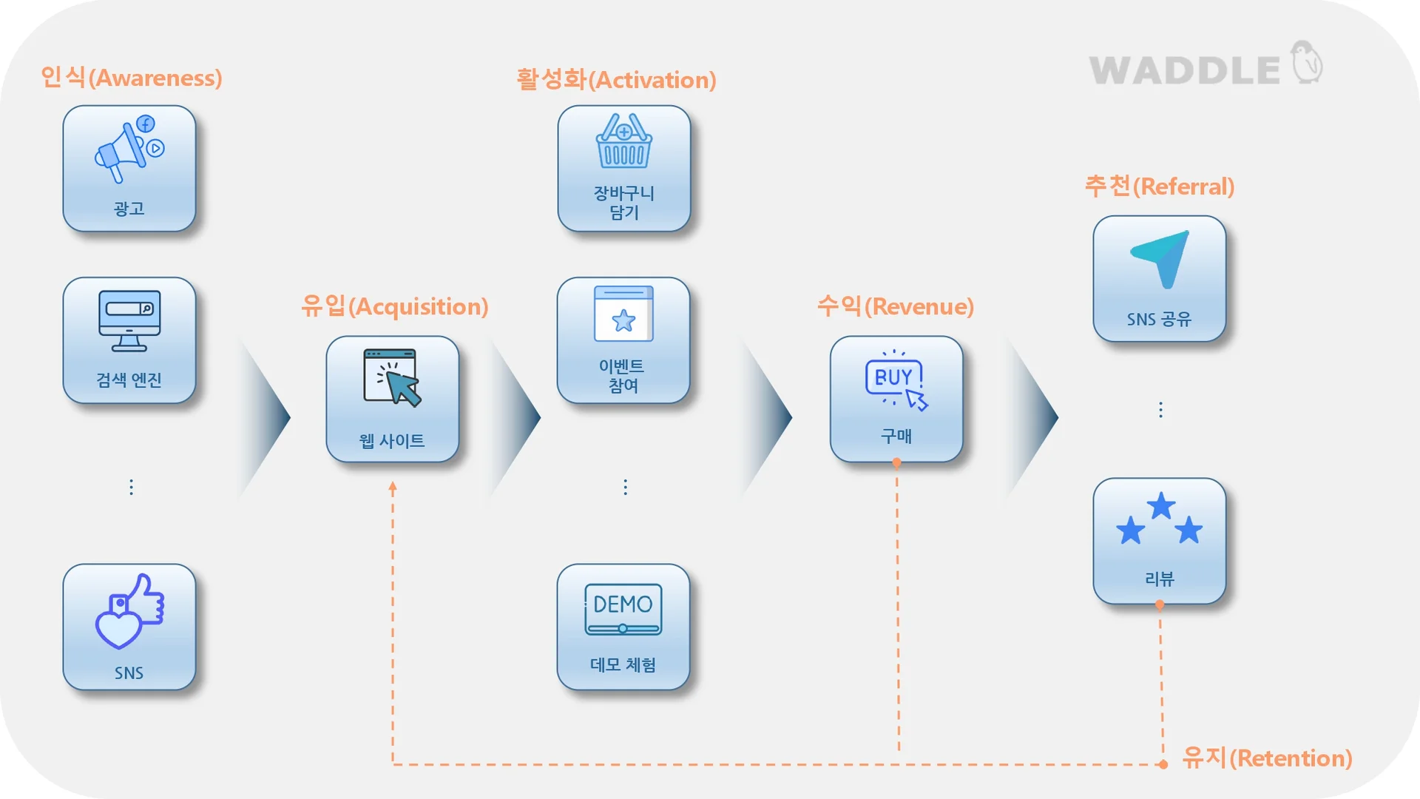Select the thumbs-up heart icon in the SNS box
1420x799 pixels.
(x=129, y=611)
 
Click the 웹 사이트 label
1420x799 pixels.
(x=392, y=441)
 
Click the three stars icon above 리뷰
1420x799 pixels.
(x=1160, y=519)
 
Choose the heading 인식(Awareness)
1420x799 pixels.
(x=132, y=78)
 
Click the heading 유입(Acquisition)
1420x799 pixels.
(x=394, y=306)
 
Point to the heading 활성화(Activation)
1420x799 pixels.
(x=616, y=80)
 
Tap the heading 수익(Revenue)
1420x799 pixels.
(x=895, y=306)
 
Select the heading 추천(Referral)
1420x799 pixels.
(x=1159, y=186)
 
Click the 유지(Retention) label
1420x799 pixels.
(x=1267, y=758)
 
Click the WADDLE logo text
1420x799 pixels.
(x=1184, y=71)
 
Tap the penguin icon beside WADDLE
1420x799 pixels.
(x=1307, y=62)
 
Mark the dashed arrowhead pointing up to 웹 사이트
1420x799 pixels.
(x=393, y=487)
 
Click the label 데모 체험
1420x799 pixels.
(x=623, y=665)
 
